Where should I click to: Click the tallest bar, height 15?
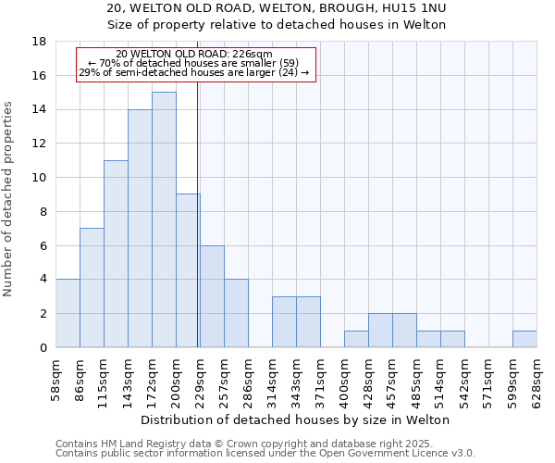click(164, 219)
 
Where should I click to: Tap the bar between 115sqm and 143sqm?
click(116, 254)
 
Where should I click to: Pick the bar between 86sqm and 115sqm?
click(92, 288)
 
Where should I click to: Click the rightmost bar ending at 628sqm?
click(524, 339)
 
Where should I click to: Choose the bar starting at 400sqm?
click(356, 339)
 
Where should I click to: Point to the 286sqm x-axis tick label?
click(249, 378)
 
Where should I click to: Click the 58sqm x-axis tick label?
click(56, 378)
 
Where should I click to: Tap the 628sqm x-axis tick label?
click(537, 378)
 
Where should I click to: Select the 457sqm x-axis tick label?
click(393, 378)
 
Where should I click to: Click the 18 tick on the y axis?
click(39, 42)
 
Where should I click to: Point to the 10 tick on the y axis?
click(39, 178)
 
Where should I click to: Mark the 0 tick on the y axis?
click(43, 347)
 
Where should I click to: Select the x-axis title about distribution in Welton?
click(296, 419)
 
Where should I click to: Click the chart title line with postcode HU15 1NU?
click(277, 8)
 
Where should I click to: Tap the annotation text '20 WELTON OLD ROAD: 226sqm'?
click(195, 55)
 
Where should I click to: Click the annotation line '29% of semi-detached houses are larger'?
click(194, 72)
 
